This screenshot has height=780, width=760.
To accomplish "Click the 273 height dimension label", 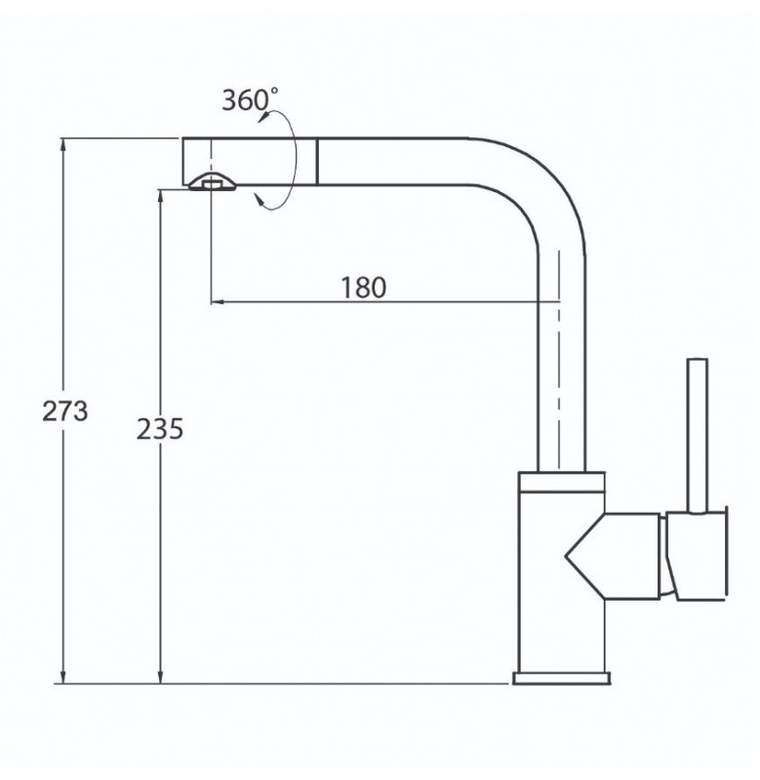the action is [64, 410].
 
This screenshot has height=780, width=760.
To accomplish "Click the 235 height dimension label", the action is [160, 429].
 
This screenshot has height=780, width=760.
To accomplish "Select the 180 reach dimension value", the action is [363, 288].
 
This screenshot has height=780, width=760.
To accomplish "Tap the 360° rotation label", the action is [250, 99].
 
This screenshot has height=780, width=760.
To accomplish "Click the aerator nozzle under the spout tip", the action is [213, 182].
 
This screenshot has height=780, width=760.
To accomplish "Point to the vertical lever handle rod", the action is [698, 435].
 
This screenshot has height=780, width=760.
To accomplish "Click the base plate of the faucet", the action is [561, 678].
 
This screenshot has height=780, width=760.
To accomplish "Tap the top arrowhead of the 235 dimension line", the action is [160, 197].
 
